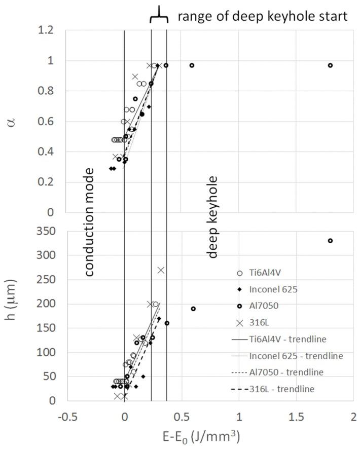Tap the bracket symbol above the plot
[x=159, y=15]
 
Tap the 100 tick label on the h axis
[x=46, y=352]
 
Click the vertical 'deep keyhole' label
[x=212, y=217]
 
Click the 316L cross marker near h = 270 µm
[x=161, y=270]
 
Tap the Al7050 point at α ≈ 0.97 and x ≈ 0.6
[x=192, y=65]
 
